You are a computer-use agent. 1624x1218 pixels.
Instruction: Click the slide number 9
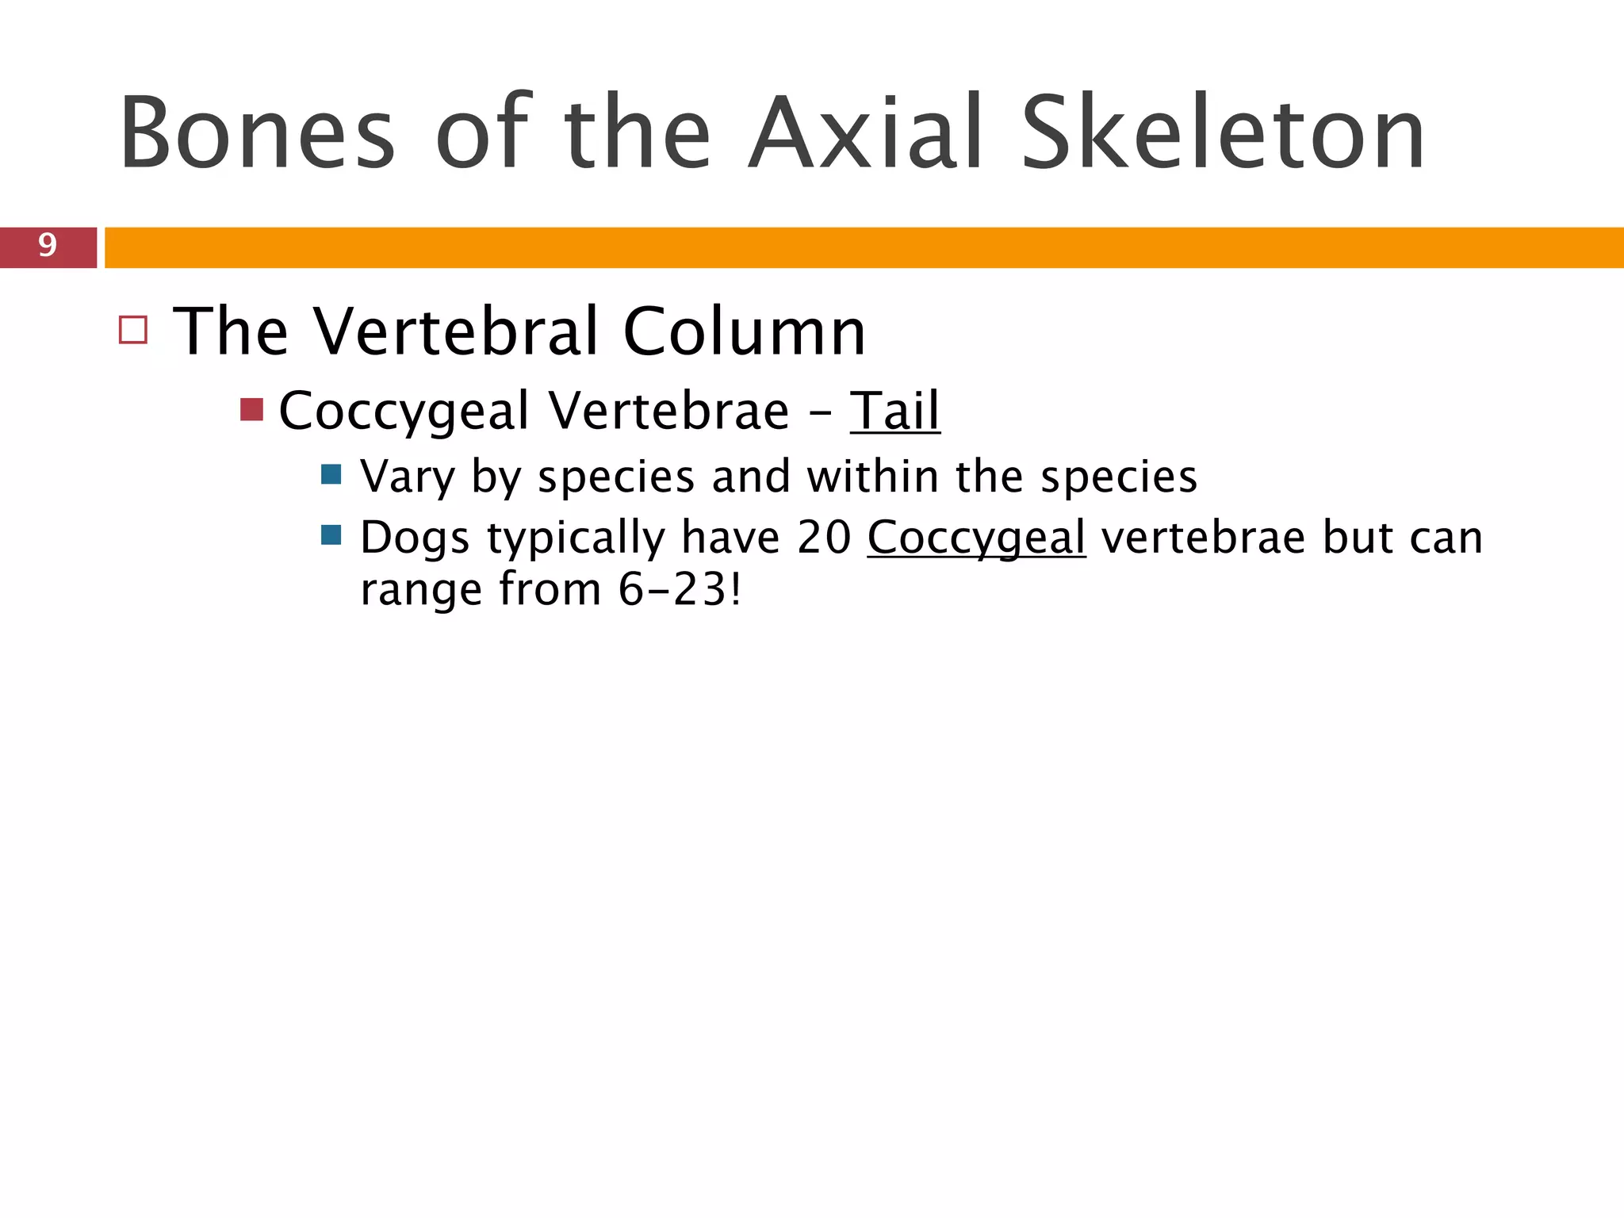pos(48,246)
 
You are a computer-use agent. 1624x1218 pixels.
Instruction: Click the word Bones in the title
pos(257,133)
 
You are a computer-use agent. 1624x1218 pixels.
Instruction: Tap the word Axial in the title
pos(867,133)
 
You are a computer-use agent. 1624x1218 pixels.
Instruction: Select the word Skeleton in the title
pos(1224,133)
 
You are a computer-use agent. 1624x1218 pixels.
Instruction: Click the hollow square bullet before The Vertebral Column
pos(133,330)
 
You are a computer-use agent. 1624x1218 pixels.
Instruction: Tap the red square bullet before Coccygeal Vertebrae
pos(251,410)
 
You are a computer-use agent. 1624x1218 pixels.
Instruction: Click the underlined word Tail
pos(894,411)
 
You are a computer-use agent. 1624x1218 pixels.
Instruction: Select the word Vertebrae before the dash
pos(668,411)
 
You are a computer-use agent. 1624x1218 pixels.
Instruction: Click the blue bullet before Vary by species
pos(331,475)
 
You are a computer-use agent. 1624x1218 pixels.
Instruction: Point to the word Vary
pos(407,477)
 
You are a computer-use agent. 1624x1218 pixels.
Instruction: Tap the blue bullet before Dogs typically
pos(331,535)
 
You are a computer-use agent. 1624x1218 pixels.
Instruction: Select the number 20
pos(824,538)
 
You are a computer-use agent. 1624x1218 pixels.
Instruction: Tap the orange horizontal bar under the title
pos(864,247)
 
